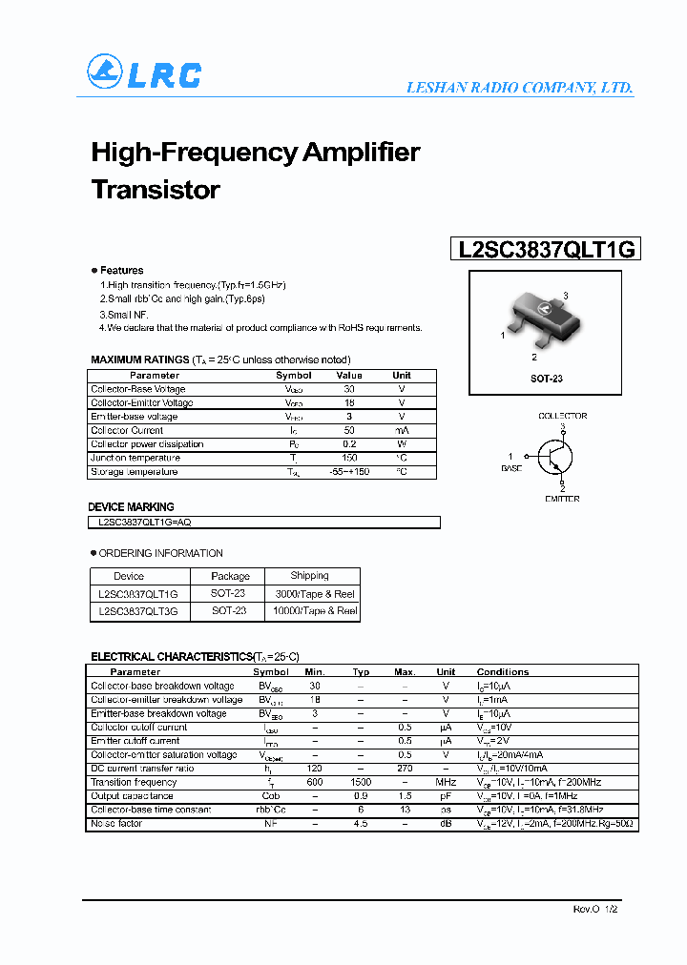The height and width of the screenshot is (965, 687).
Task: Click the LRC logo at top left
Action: [x=144, y=73]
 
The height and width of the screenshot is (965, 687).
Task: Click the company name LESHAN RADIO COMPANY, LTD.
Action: [x=519, y=88]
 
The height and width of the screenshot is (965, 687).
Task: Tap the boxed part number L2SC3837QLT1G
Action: [x=545, y=250]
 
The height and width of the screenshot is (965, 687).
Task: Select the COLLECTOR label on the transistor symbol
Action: [x=562, y=416]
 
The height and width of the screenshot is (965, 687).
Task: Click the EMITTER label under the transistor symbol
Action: [x=562, y=499]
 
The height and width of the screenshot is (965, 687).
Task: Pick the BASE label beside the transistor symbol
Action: [x=511, y=468]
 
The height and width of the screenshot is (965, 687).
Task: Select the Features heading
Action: [x=121, y=271]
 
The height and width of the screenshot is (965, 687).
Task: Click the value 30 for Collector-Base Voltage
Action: [x=349, y=389]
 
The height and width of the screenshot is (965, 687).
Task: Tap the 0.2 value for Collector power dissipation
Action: [x=349, y=444]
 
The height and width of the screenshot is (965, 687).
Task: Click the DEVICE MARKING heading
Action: [x=131, y=507]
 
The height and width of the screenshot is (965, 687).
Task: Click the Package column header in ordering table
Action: [x=230, y=576]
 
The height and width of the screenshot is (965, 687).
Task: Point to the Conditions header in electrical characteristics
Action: [x=502, y=672]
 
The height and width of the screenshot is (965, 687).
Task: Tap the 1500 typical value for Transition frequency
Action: [x=361, y=782]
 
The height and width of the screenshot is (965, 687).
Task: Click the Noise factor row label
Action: [x=116, y=823]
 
